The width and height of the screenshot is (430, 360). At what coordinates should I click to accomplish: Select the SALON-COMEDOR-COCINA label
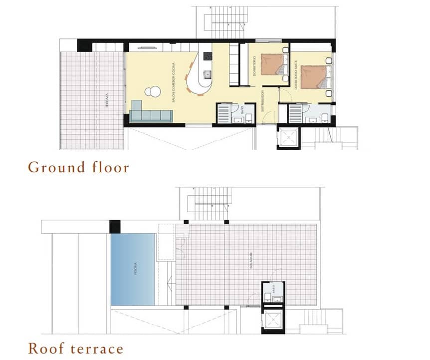coord(173,85)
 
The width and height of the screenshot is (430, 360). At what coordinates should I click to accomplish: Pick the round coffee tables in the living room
coord(153,92)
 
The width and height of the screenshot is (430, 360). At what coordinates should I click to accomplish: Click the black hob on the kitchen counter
coord(207,55)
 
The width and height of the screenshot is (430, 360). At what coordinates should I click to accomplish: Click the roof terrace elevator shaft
coord(273,321)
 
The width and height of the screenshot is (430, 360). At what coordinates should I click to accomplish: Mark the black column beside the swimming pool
coord(115,226)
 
